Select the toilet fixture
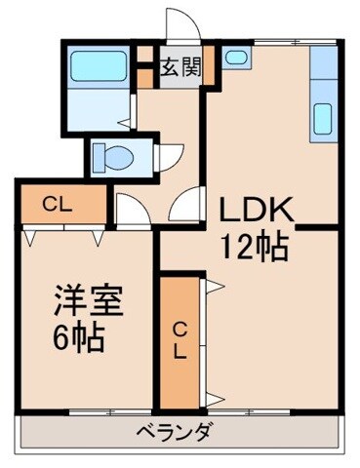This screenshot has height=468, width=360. coord(114,154)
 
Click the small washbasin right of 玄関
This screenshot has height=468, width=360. coord(235,58)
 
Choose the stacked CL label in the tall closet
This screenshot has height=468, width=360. coord(180,340)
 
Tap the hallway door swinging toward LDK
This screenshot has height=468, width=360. coord(182,209)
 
